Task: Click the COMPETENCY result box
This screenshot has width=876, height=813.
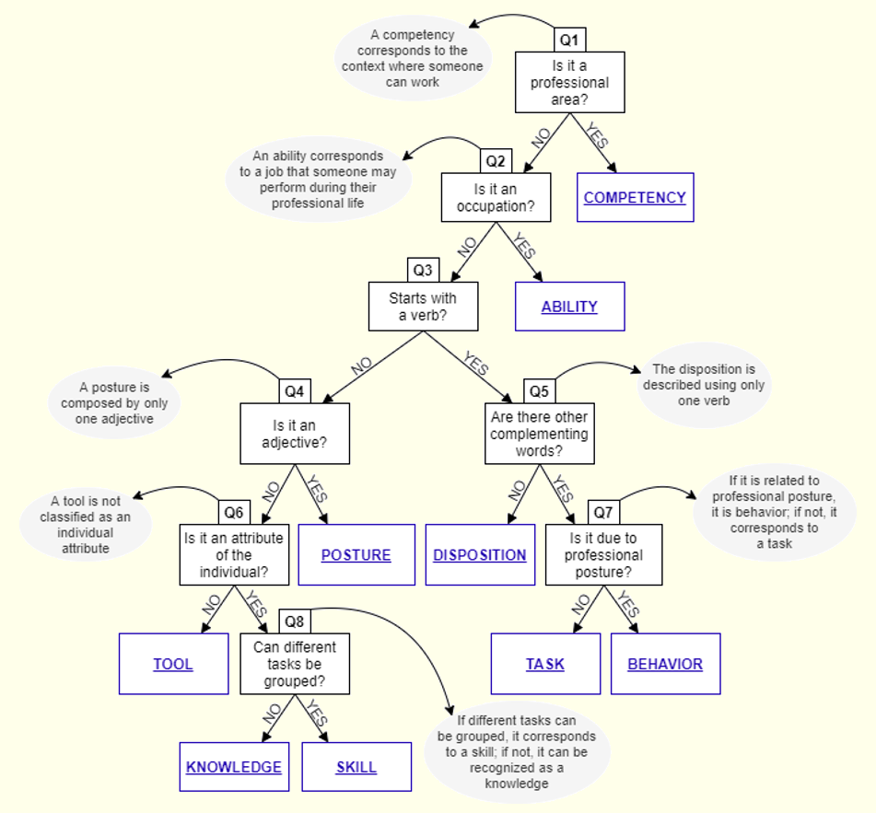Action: [x=635, y=197]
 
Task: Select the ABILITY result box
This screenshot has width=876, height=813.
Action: [x=569, y=307]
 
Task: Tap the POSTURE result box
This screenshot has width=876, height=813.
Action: [x=356, y=555]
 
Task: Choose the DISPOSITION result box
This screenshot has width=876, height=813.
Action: [x=480, y=555]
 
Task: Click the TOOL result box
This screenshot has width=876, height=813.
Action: [x=173, y=664]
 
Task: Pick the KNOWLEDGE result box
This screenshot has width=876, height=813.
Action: [x=234, y=767]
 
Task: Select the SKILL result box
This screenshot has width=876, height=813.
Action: [x=356, y=767]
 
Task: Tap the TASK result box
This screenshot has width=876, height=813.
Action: [x=545, y=664]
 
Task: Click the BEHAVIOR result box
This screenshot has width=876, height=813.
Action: [x=665, y=664]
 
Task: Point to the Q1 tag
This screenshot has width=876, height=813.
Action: [x=570, y=41]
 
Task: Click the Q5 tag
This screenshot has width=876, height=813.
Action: [x=539, y=391]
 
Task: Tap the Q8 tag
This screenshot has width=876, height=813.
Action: [x=295, y=621]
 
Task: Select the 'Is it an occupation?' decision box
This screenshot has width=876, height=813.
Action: [x=496, y=197]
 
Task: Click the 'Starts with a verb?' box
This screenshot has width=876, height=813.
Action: [x=423, y=307]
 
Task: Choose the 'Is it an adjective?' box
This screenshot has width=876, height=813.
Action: [x=295, y=434]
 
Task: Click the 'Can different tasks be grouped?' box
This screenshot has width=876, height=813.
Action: [x=295, y=664]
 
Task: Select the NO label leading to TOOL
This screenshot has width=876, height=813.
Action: [x=211, y=606]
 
